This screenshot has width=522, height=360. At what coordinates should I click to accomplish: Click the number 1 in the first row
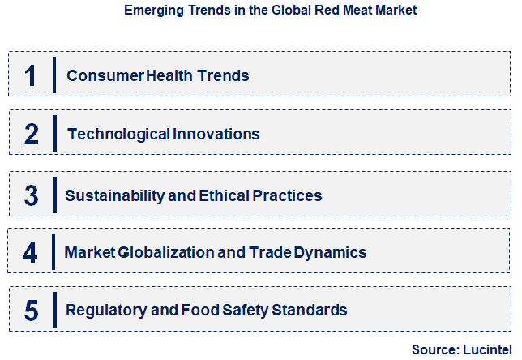click(31, 75)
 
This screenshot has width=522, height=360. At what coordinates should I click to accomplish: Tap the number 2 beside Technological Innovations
click(32, 134)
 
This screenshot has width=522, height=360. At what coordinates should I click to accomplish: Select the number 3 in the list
click(32, 195)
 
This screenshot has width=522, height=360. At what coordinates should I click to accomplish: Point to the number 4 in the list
click(30, 252)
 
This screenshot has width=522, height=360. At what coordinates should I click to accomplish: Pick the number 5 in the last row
click(32, 310)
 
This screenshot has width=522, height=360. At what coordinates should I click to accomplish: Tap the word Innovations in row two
click(216, 134)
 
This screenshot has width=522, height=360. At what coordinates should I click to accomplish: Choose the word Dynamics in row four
click(332, 252)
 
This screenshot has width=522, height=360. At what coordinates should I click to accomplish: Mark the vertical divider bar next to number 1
click(54, 75)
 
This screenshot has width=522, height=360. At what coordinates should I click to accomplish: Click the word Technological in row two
click(118, 134)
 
